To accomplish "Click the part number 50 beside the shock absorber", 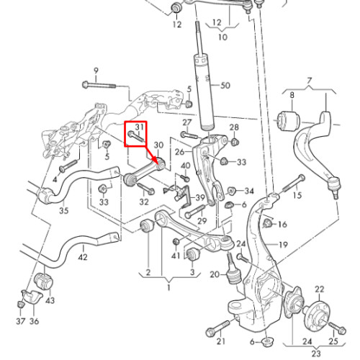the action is (225, 86).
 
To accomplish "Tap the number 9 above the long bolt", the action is (96, 71).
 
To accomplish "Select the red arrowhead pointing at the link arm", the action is (158, 161).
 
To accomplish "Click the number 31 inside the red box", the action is (139, 127).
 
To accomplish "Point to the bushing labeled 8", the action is (289, 121).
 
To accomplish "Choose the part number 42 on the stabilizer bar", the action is (83, 257).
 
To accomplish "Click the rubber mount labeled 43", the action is (44, 281).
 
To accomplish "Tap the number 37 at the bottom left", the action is (21, 321).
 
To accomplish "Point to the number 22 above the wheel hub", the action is (319, 289).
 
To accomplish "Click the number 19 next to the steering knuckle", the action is (283, 245).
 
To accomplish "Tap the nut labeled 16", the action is (267, 224).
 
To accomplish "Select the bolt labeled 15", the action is (294, 183).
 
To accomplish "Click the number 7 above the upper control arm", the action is (310, 81).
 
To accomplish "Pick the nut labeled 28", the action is (235, 142).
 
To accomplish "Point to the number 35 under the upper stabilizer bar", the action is (64, 210).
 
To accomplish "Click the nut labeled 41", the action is (176, 241).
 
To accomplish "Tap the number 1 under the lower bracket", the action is (168, 287).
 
